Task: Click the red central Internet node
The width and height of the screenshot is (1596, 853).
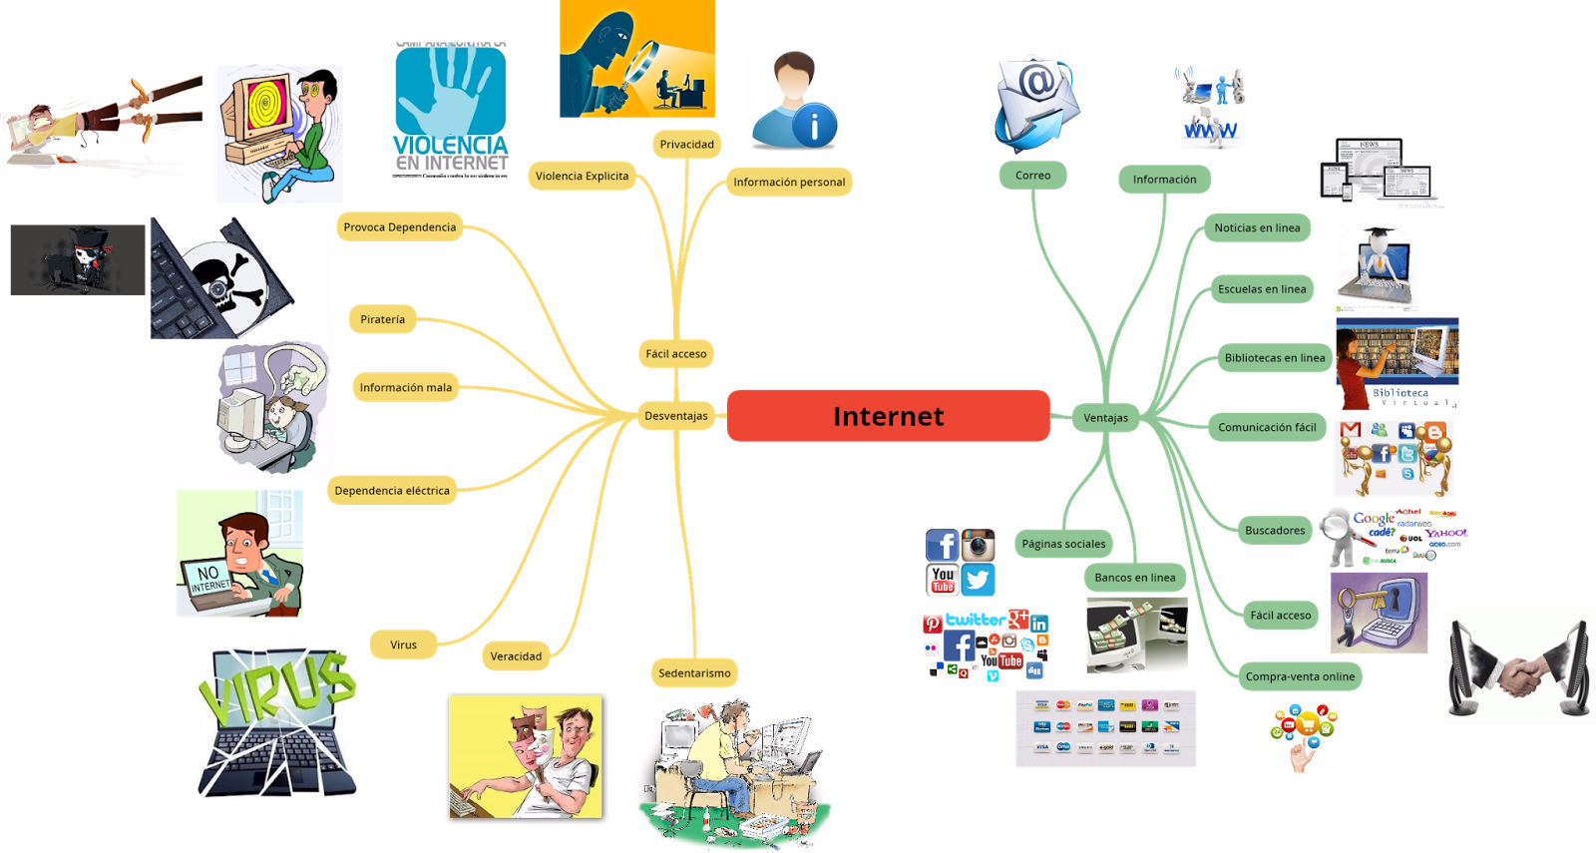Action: pos(888,416)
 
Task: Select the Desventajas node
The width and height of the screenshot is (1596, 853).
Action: pos(675,416)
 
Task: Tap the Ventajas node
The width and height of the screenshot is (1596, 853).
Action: pos(1105,418)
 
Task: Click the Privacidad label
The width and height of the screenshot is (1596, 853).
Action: pos(686,145)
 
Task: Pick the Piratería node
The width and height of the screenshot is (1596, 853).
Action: pos(382,319)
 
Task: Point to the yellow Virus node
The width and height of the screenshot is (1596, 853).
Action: pos(403,644)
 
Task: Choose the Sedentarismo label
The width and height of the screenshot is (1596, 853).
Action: pos(694,673)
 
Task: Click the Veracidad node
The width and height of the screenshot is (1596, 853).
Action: pos(516,656)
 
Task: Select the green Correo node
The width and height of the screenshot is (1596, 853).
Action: pos(1032,176)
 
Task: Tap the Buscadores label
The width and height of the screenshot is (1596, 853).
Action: pos(1274,531)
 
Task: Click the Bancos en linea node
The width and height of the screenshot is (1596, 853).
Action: pos(1134,578)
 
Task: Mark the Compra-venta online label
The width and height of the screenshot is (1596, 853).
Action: pos(1300,676)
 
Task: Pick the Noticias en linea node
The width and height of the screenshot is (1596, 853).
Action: pos(1257,228)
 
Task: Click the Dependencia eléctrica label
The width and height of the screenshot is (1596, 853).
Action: pos(391,491)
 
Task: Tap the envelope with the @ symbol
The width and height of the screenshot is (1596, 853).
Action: pos(1038,95)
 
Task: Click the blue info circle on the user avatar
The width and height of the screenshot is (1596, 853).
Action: pos(816,126)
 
